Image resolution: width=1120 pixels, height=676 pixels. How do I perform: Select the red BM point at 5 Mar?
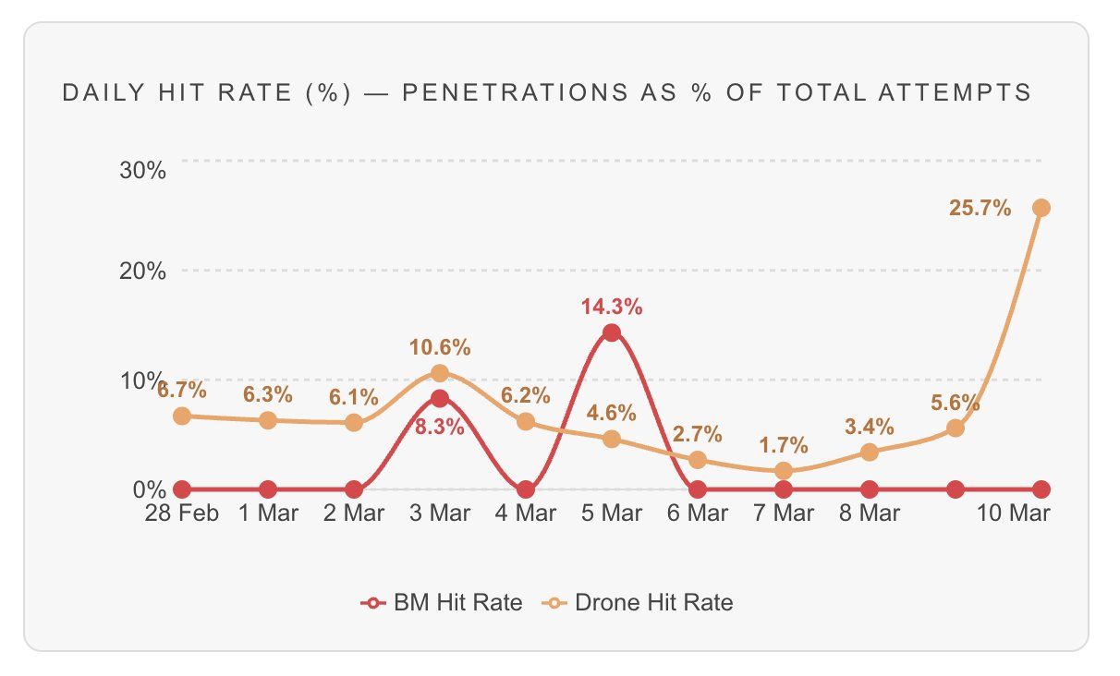(612, 333)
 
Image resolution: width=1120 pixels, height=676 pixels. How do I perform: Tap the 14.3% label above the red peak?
(612, 307)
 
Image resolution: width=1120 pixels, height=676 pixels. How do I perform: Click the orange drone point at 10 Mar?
(1041, 209)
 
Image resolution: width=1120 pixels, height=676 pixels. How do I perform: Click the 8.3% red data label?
(439, 429)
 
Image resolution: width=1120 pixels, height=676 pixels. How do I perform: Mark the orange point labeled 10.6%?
(440, 373)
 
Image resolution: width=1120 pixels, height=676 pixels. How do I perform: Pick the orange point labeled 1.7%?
(784, 471)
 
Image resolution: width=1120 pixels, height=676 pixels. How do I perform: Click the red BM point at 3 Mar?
(440, 399)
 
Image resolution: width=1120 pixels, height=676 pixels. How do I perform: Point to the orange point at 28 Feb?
(182, 416)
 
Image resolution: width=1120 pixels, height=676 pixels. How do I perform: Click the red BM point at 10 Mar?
(1041, 489)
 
